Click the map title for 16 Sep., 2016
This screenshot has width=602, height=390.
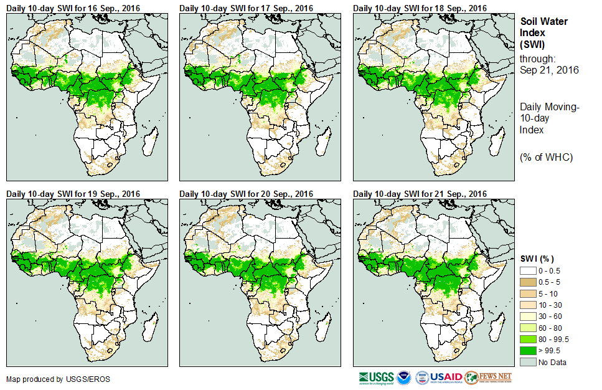click(x=73, y=7)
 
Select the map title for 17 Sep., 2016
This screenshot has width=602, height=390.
click(x=247, y=7)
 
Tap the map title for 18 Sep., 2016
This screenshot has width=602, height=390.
click(x=420, y=7)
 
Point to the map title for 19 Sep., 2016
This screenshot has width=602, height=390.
click(x=73, y=194)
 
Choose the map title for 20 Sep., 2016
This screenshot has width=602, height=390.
click(x=247, y=194)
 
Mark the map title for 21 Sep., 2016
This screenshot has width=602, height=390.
click(x=420, y=194)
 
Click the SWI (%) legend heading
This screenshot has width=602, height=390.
click(x=537, y=259)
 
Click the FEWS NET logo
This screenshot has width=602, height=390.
click(x=488, y=378)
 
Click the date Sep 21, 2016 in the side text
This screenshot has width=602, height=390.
click(x=549, y=70)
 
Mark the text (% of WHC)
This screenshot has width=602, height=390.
click(x=546, y=157)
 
